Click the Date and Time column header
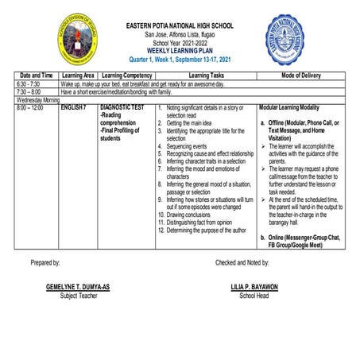(x=37, y=75)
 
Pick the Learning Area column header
(x=78, y=75)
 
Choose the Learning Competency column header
(x=125, y=75)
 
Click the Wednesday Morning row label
(x=37, y=99)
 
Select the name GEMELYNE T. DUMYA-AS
(x=78, y=287)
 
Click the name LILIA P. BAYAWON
(x=254, y=287)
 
